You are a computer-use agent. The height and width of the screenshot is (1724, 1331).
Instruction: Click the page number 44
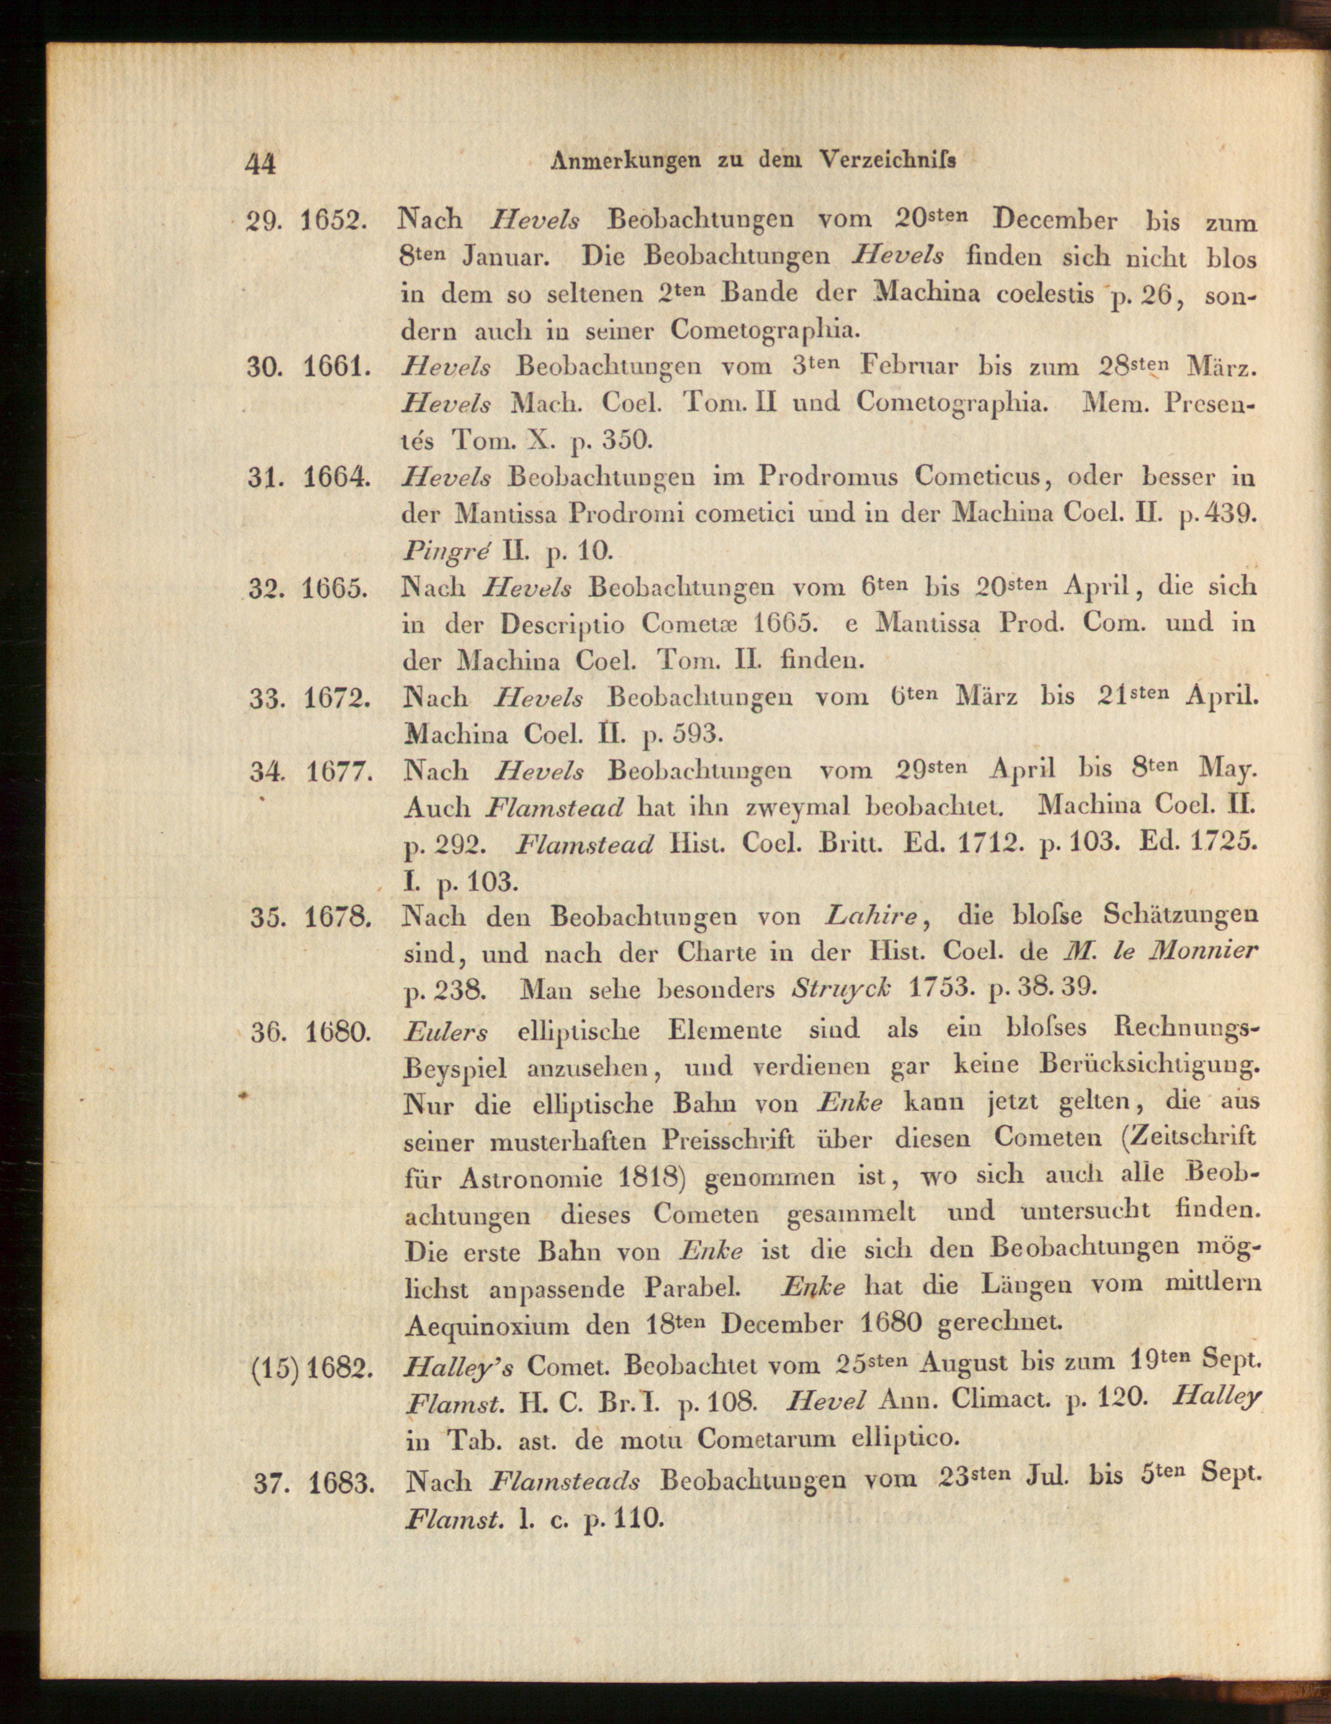[261, 164]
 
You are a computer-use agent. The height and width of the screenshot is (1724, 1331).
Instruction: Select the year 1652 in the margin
[334, 221]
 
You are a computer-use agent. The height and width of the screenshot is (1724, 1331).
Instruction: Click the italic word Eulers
[446, 1032]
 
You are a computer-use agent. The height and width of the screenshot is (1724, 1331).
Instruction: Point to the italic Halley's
[456, 1366]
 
